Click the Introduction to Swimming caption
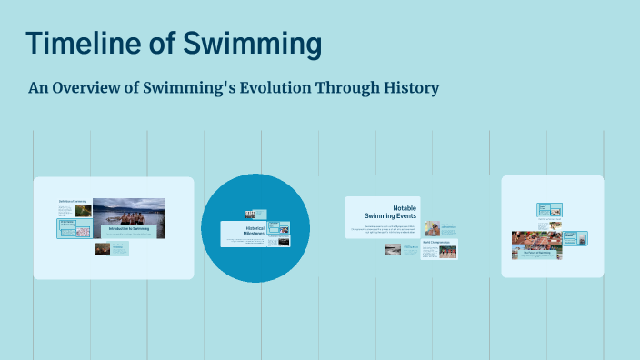(128, 228)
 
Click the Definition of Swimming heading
(72, 201)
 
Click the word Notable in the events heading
(404, 208)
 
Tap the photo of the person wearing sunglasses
(432, 228)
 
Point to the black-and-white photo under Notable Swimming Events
(394, 249)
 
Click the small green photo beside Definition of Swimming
(82, 211)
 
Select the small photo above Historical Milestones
(249, 215)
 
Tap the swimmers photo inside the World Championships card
(445, 251)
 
